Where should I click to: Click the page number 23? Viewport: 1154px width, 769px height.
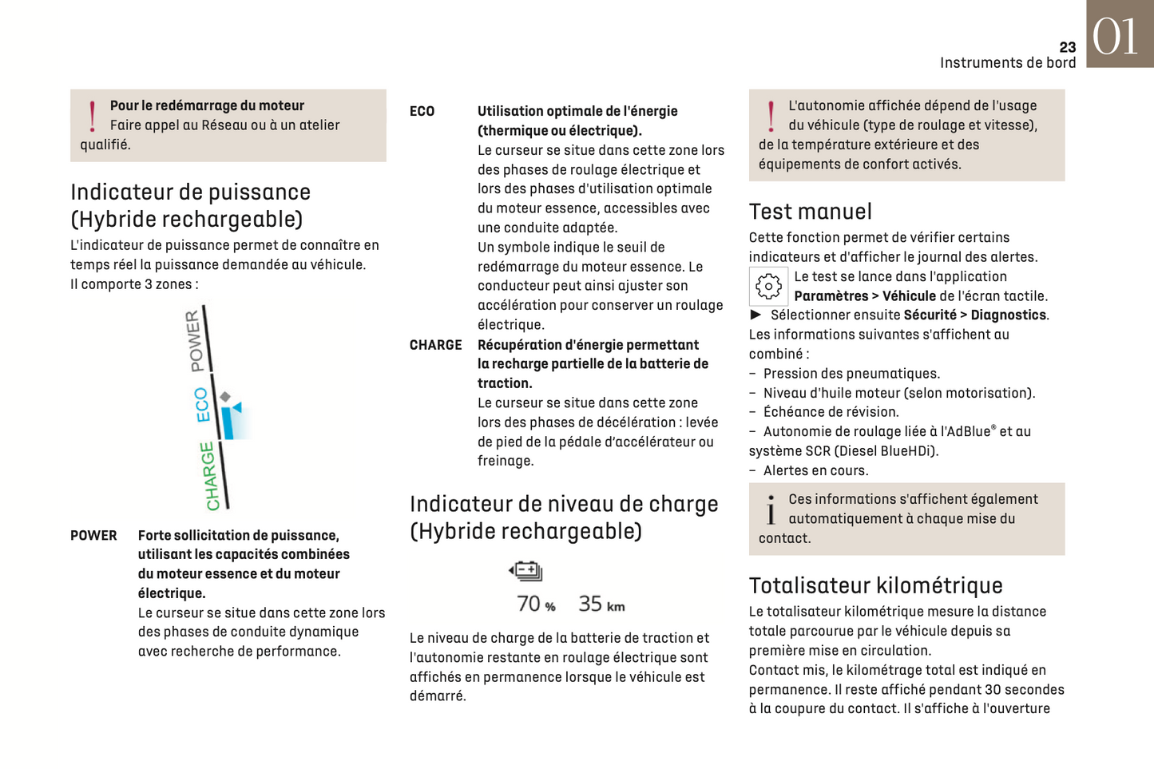point(1067,48)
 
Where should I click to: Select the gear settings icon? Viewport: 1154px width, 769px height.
point(768,286)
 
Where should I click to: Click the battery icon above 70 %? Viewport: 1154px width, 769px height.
point(525,571)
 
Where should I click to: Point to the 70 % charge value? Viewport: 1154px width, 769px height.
point(536,604)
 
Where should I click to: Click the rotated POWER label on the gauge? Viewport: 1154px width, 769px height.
point(195,341)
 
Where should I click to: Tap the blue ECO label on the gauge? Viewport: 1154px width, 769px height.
point(202,405)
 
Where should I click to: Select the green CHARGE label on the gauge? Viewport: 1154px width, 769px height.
point(210,476)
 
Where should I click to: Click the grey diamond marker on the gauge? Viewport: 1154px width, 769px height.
point(225,397)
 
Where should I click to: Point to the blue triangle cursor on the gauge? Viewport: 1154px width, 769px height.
point(236,408)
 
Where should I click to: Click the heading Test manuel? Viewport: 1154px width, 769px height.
point(810,212)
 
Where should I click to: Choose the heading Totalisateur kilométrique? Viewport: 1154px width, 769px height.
point(875,585)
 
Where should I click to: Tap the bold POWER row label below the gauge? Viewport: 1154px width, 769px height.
point(93,536)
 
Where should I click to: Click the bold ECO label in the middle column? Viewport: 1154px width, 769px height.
point(422,112)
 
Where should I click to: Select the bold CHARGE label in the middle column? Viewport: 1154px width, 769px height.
point(435,345)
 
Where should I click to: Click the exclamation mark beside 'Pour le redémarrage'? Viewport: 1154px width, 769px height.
point(93,117)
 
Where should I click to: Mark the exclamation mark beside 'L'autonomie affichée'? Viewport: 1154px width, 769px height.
point(771,117)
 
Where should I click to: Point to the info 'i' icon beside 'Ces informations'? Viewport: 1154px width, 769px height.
point(771,510)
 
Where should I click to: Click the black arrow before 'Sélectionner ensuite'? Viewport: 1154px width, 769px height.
point(755,315)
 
